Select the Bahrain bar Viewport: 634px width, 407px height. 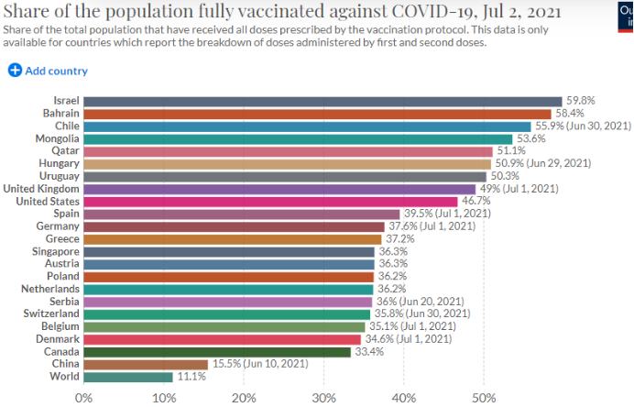pyautogui.click(x=317, y=114)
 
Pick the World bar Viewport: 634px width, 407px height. pyautogui.click(x=128, y=377)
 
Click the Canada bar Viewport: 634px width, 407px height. pyautogui.click(x=217, y=351)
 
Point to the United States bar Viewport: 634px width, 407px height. pyautogui.click(x=270, y=202)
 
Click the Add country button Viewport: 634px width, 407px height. pyautogui.click(x=48, y=71)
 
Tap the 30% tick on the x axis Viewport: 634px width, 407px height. pyautogui.click(x=323, y=398)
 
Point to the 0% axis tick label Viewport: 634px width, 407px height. pyautogui.click(x=83, y=398)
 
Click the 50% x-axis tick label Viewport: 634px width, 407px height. pyautogui.click(x=484, y=398)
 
